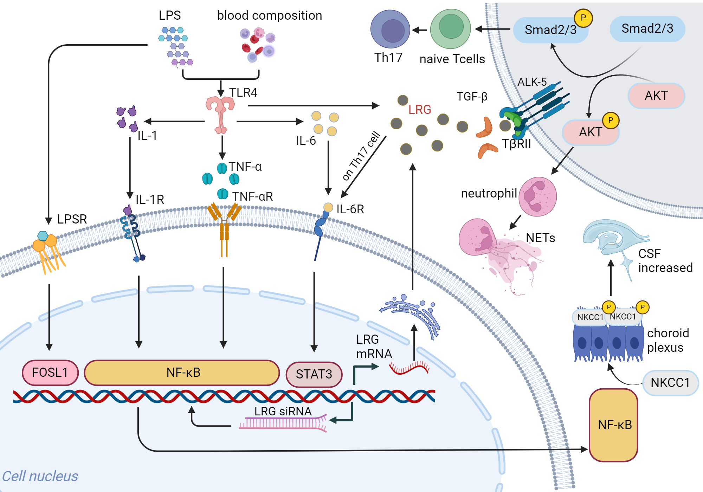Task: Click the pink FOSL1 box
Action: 50,373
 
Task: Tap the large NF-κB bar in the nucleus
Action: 182,373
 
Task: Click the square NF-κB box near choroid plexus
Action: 614,425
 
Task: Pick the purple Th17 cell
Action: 390,29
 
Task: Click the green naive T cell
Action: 451,29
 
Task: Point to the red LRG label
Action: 420,110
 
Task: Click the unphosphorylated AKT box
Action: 656,96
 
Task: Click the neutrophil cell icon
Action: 537,196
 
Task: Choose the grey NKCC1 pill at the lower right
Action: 670,383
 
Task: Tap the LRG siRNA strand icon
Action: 283,423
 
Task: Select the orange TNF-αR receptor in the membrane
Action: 224,225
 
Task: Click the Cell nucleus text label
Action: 40,476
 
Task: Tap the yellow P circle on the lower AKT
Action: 611,121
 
